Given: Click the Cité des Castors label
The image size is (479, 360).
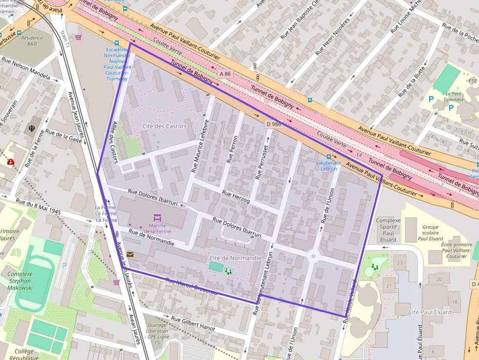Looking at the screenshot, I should (x=164, y=126).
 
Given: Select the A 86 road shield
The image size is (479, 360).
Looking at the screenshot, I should (x=224, y=73).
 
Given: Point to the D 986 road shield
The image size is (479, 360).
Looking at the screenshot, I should (x=274, y=124).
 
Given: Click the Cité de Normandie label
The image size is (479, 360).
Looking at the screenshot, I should (x=235, y=257).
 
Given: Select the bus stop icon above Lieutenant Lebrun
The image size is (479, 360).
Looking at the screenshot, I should (x=328, y=157).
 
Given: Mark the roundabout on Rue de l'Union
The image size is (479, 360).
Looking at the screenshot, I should (x=313, y=256).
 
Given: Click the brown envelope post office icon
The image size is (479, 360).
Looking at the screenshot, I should (x=130, y=254).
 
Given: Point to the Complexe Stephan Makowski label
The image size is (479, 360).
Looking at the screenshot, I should (x=20, y=281).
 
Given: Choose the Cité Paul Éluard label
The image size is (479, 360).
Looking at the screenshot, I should (x=430, y=312).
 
